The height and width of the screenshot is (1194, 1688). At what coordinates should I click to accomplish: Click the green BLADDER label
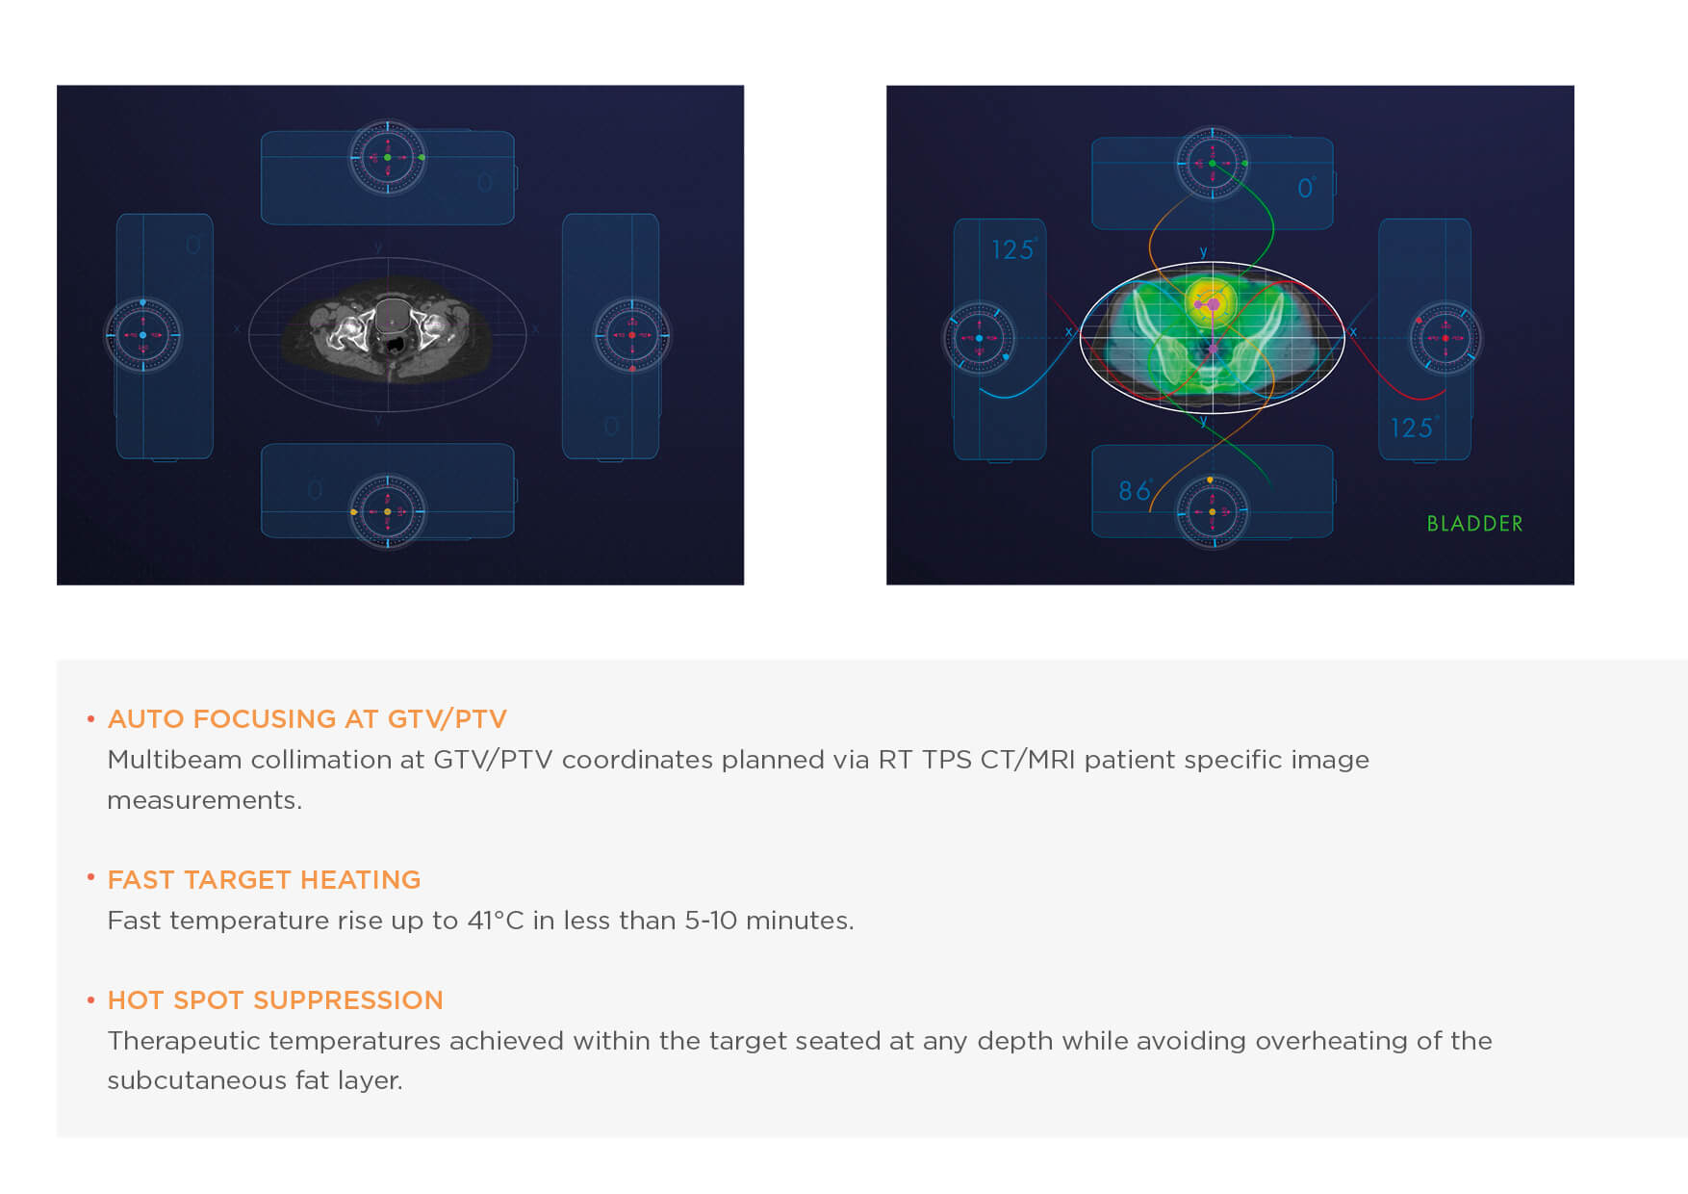click(x=1474, y=524)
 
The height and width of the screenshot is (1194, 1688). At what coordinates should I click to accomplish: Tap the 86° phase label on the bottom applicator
click(x=1136, y=491)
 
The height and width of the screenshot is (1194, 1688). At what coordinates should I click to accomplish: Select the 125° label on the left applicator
click(x=1014, y=249)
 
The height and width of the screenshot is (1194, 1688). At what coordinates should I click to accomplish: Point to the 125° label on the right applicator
click(x=1415, y=427)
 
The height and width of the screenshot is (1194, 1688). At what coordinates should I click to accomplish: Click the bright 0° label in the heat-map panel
click(x=1306, y=188)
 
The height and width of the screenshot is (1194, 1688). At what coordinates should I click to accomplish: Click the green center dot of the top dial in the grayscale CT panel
click(x=388, y=157)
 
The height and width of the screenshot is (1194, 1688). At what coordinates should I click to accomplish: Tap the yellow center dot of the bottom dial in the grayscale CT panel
click(x=388, y=511)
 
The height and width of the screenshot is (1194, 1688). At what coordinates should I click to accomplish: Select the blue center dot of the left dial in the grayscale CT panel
click(x=143, y=335)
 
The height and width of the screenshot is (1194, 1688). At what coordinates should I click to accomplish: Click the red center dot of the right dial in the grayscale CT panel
click(x=632, y=335)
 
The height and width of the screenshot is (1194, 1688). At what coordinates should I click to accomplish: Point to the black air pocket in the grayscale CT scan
click(x=395, y=342)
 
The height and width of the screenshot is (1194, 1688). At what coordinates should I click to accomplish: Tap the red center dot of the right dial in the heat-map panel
click(x=1445, y=338)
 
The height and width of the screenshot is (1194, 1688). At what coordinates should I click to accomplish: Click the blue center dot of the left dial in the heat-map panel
click(x=980, y=338)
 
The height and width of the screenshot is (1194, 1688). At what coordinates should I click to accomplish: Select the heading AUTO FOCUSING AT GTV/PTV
click(x=307, y=719)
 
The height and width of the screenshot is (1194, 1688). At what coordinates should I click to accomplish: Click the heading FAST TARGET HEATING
click(x=264, y=880)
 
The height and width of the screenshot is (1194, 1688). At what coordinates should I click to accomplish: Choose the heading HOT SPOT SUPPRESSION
click(x=275, y=1000)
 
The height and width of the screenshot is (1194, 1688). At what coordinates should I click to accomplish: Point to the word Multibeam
click(x=174, y=760)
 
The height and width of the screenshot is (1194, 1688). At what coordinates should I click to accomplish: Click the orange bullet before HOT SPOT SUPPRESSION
click(x=90, y=1000)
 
